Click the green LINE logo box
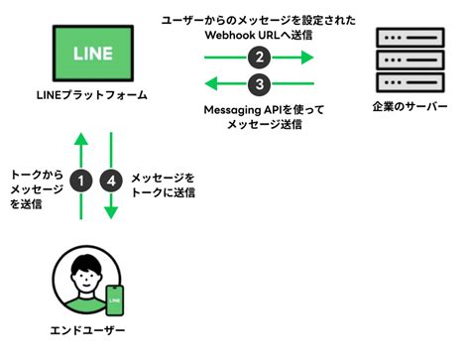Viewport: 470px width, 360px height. tap(91, 53)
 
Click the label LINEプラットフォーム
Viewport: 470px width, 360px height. tap(91, 97)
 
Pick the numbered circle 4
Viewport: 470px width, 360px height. tap(111, 180)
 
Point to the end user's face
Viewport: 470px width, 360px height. tap(87, 273)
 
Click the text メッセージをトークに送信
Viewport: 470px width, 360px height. tap(164, 184)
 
